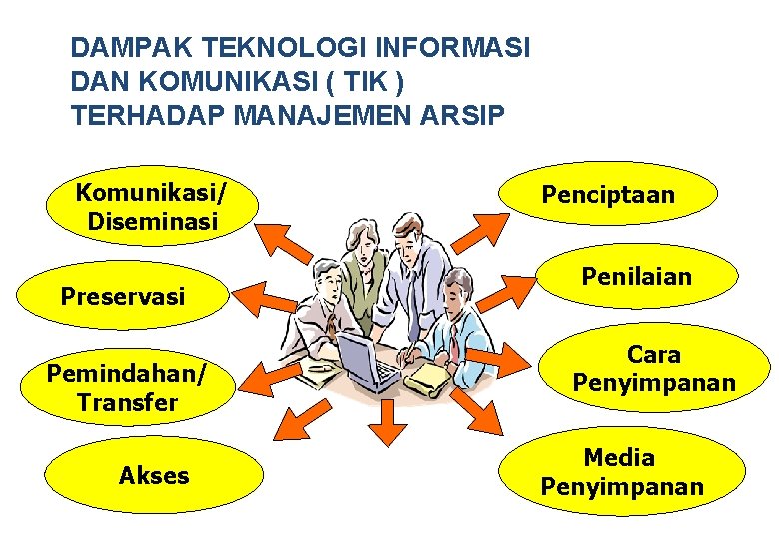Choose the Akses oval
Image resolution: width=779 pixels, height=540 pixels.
pyautogui.click(x=154, y=476)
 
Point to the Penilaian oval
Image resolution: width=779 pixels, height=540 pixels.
pyautogui.click(x=650, y=276)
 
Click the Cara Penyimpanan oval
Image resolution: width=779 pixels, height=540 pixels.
pyautogui.click(x=654, y=369)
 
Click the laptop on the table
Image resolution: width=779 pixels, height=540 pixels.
pyautogui.click(x=364, y=359)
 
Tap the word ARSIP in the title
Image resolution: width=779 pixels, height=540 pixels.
pyautogui.click(x=470, y=116)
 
